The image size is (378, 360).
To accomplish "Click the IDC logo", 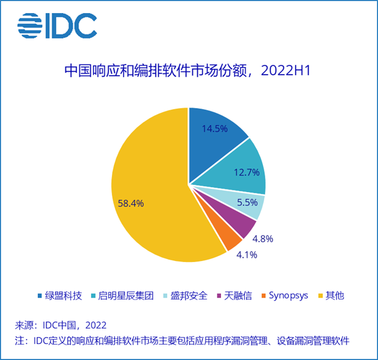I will (57, 25).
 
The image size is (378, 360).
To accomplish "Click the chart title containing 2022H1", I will (188, 72).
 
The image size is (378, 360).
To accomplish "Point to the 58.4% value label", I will (131, 203).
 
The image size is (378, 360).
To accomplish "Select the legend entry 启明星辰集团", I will (121, 295).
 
